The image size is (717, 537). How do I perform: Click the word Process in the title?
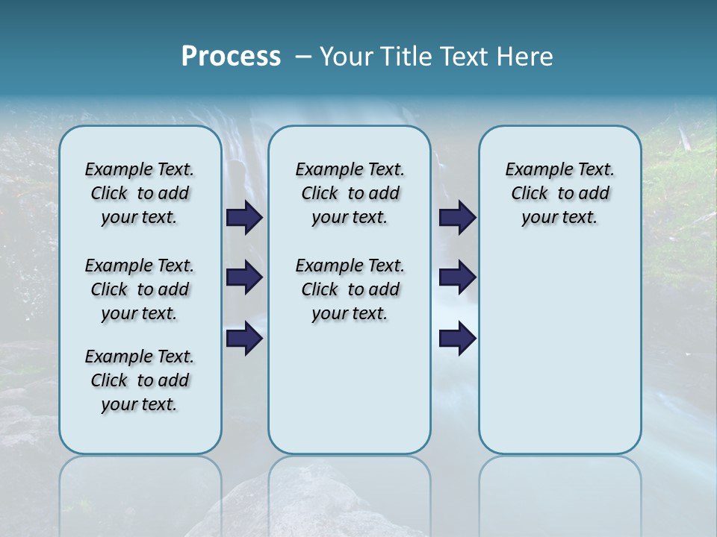[x=230, y=57]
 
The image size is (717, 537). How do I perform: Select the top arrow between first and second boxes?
[x=244, y=218]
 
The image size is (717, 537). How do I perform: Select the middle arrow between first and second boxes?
[x=244, y=277]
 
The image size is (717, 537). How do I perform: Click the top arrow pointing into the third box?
[x=457, y=218]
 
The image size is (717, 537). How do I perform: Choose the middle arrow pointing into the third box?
[x=457, y=277]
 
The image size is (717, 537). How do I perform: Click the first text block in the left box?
[x=140, y=193]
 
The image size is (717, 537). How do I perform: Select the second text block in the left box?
[x=140, y=289]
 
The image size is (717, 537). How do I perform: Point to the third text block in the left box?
[x=140, y=380]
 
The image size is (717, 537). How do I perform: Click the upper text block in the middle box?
[x=350, y=193]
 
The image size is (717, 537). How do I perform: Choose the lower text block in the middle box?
[x=350, y=289]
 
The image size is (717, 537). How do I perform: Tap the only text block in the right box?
[x=559, y=193]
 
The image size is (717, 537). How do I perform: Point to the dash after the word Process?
[x=303, y=57]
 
